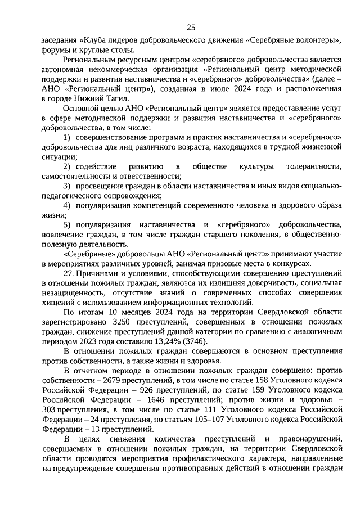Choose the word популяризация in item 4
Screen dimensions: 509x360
103,205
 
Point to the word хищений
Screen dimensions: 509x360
58,303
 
